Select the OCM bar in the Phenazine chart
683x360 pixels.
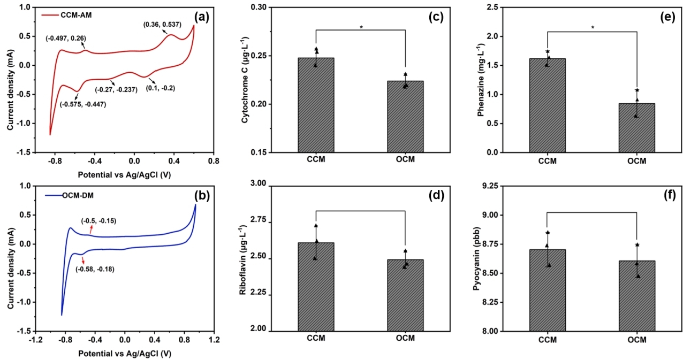pyautogui.click(x=636, y=128)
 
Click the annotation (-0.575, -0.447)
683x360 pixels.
pyautogui.click(x=82, y=104)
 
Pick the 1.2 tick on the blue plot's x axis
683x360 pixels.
pyautogui.click(x=214, y=339)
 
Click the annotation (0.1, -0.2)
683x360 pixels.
pyautogui.click(x=161, y=88)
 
